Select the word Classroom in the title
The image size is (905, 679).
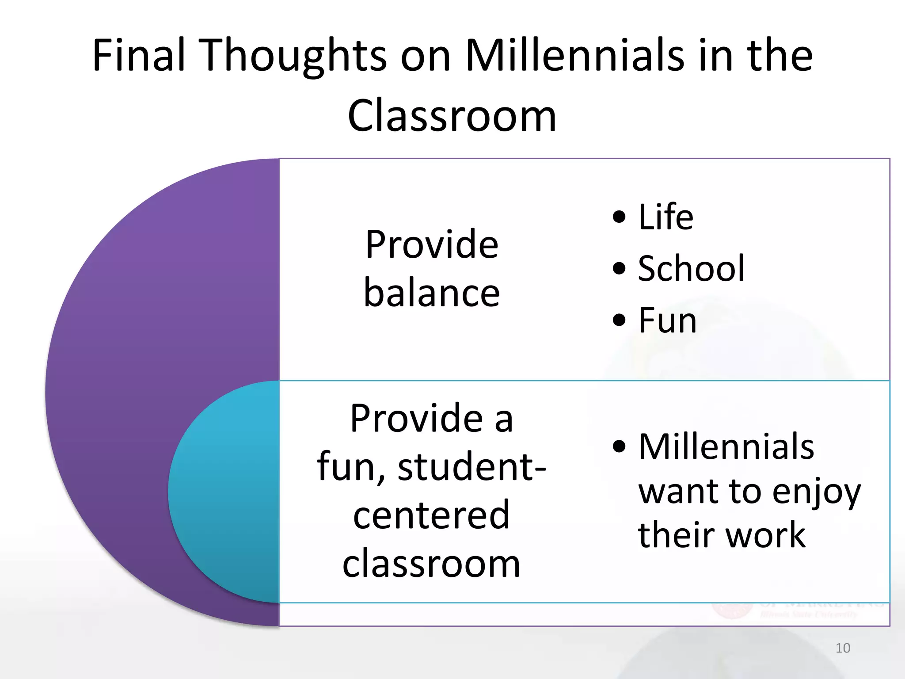point(452,116)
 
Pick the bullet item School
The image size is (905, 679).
point(691,268)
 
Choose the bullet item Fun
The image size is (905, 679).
point(667,320)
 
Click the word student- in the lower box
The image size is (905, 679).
point(472,467)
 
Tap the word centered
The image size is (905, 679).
point(431,515)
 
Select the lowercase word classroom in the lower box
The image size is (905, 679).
point(431,564)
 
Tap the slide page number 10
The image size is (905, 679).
point(843,648)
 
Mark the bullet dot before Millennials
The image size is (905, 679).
point(620,446)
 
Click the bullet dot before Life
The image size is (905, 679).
point(620,217)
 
